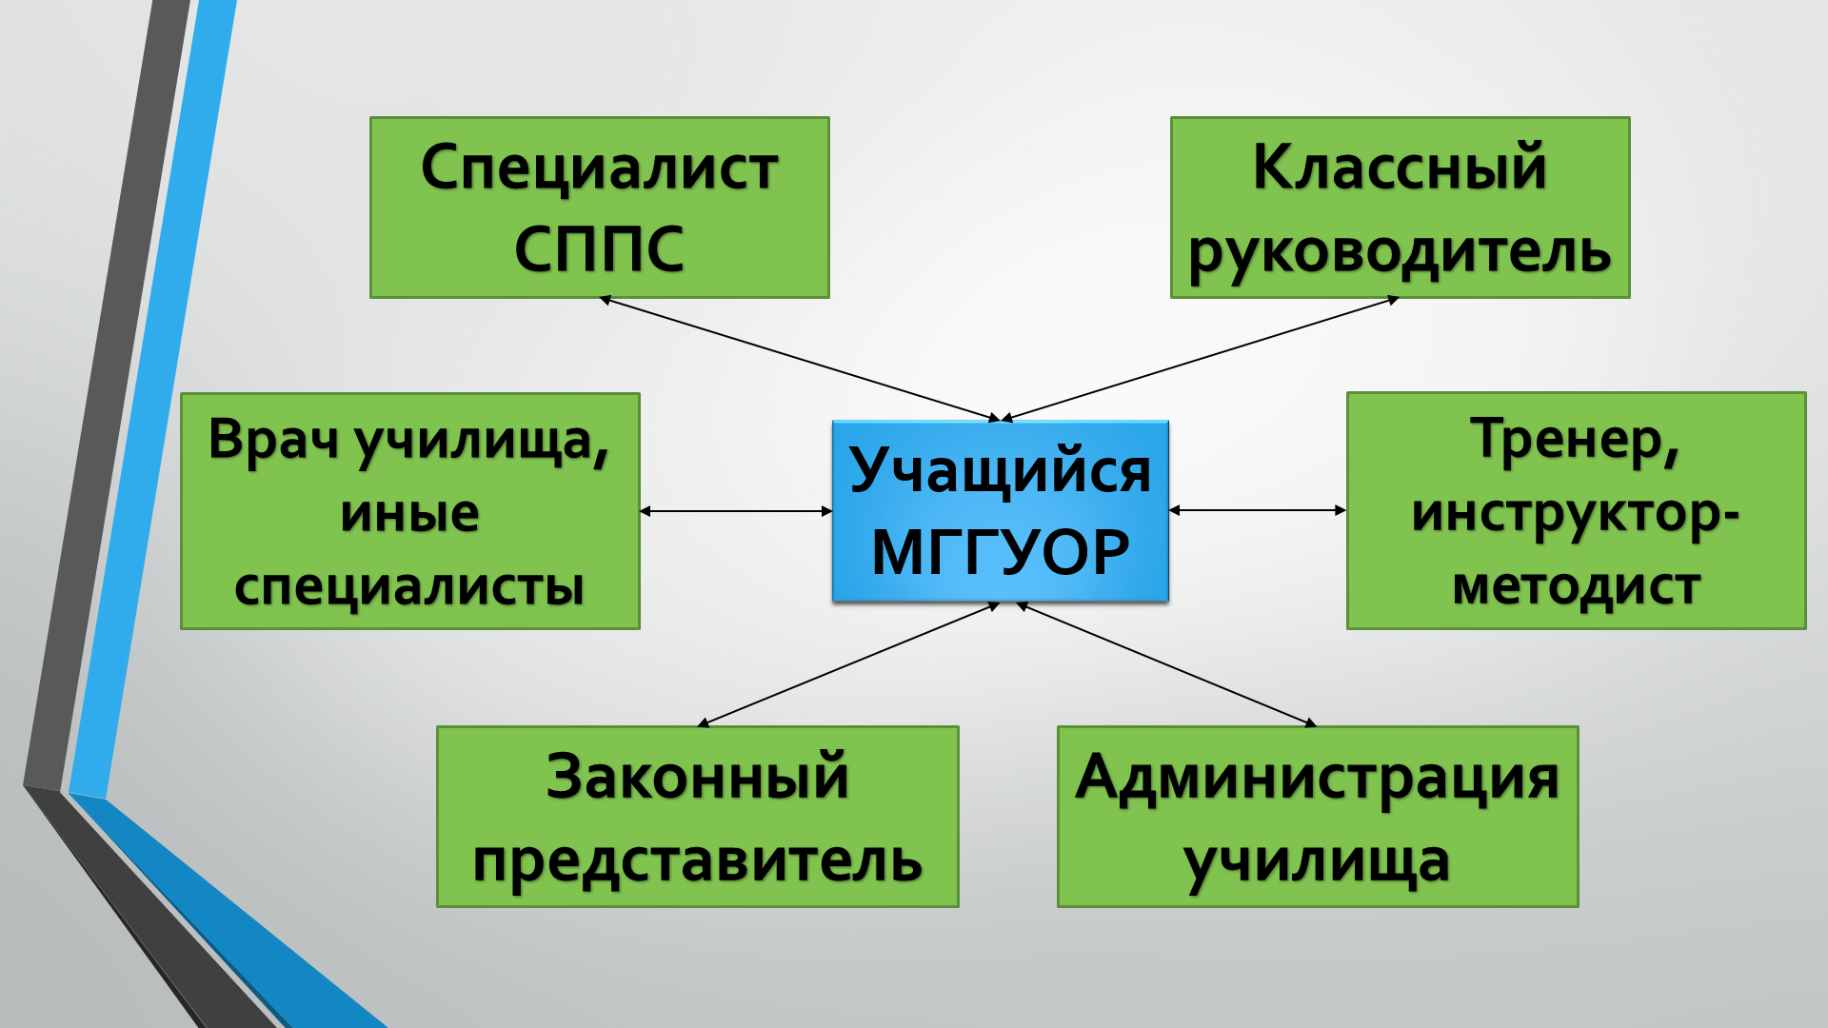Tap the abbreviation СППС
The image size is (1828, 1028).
600,249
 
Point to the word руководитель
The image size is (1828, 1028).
1400,253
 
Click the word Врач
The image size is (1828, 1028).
272,440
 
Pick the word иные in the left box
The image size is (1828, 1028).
409,514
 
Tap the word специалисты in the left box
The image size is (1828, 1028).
409,587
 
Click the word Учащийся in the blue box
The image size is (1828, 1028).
1000,471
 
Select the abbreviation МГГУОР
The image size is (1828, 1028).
1000,552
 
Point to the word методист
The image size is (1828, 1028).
1576,586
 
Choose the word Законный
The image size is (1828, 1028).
697,776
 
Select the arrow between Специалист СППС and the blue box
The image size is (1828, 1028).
800,359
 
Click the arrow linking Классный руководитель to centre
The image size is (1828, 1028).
1200,359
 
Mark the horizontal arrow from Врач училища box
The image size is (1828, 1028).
736,511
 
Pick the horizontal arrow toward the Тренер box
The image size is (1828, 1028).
1258,510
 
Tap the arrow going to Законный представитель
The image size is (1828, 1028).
848,664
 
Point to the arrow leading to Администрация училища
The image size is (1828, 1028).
1166,664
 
